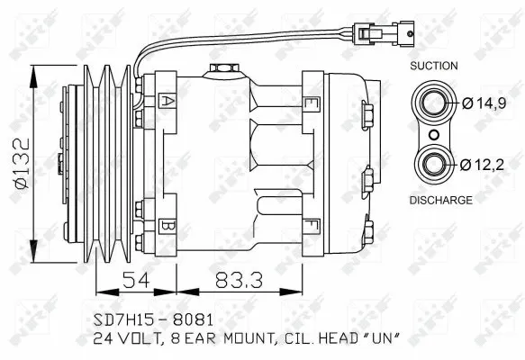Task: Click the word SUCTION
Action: click(433, 66)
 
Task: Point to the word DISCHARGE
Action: click(440, 200)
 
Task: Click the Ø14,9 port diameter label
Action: click(490, 103)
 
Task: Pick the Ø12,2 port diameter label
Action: click(490, 164)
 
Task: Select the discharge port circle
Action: click(435, 164)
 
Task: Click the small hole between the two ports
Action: click(435, 134)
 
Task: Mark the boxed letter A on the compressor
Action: click(167, 101)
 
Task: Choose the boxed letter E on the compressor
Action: click(312, 103)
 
